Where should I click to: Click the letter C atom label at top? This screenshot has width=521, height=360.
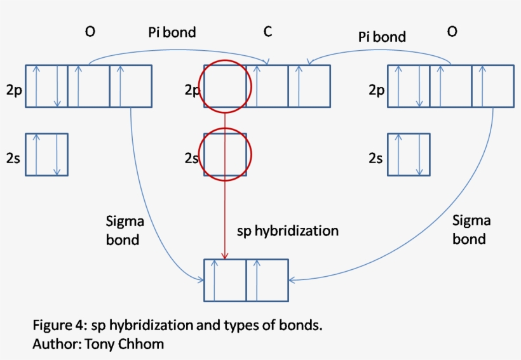coord(269,31)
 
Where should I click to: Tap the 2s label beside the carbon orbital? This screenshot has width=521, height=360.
coord(191,157)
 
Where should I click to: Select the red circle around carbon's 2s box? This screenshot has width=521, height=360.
coord(226,154)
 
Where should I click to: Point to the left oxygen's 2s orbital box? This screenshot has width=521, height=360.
coord(46,154)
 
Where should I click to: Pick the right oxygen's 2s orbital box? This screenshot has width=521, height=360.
coord(409,154)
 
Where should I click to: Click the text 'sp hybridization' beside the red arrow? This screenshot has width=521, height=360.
coord(287,230)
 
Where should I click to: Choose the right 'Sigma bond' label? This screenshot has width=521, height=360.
coord(471,229)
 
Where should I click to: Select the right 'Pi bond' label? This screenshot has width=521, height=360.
coord(381,36)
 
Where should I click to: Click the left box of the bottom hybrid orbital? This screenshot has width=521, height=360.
coord(225,280)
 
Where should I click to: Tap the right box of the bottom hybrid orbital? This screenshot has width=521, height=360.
coord(267,280)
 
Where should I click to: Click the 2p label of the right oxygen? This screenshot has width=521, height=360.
coord(377,90)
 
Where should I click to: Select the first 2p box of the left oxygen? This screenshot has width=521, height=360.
coord(46,86)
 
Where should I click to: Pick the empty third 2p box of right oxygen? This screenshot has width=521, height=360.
coord(492,86)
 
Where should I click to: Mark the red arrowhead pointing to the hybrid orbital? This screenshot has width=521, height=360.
coord(225,255)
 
